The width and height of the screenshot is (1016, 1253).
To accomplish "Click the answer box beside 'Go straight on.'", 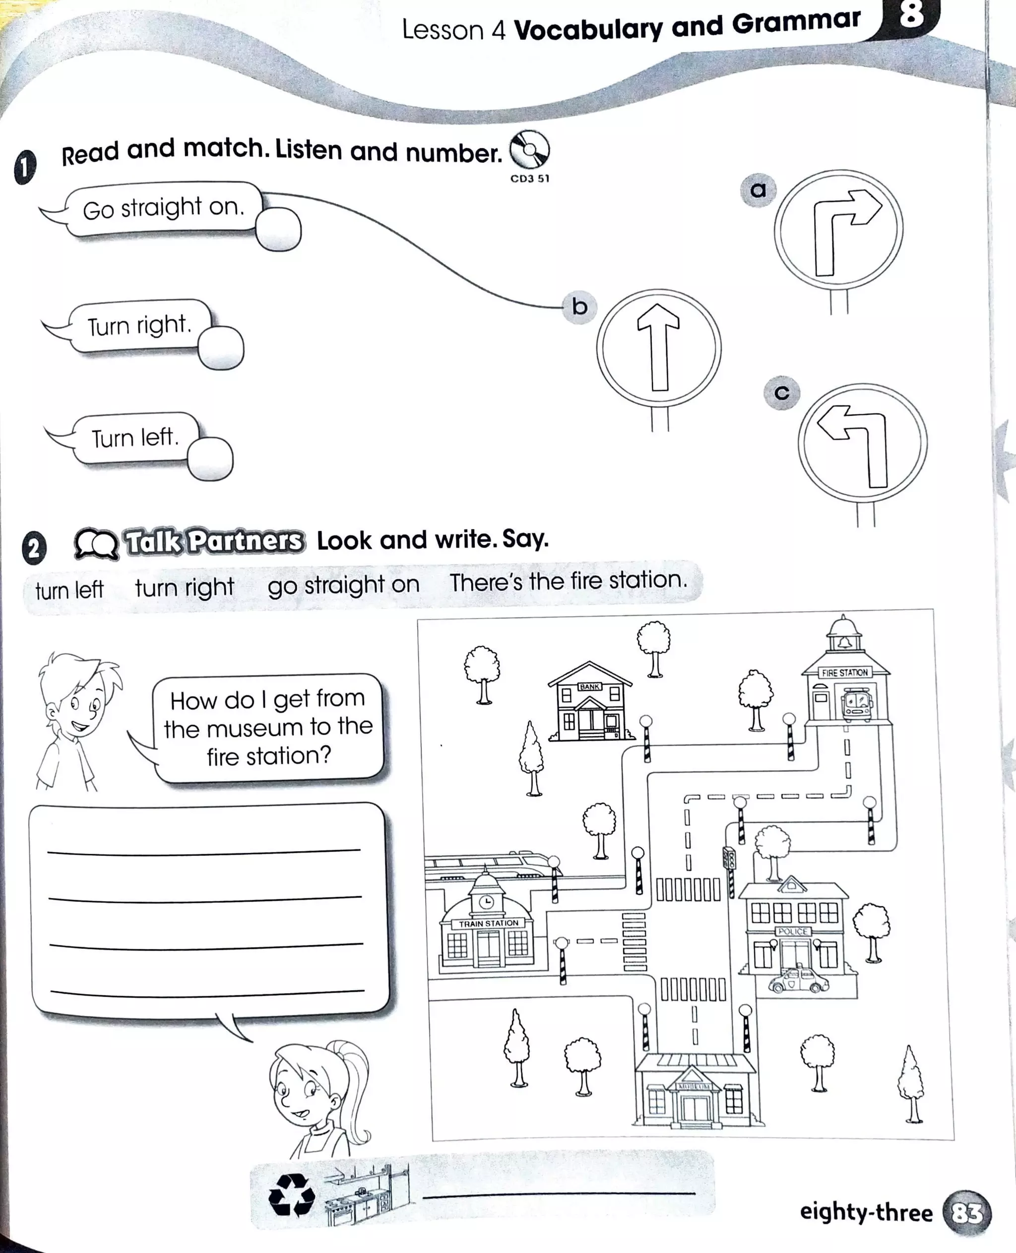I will pyautogui.click(x=279, y=230).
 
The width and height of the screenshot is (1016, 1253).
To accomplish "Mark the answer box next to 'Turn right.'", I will pyautogui.click(x=221, y=348).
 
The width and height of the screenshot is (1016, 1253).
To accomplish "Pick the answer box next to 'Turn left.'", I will pyautogui.click(x=211, y=459).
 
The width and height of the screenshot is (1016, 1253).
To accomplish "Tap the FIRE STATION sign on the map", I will pyautogui.click(x=844, y=673).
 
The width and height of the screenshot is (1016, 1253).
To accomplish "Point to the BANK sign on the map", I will pyautogui.click(x=589, y=687).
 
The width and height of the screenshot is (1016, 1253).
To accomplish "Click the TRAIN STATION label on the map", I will pyautogui.click(x=488, y=923).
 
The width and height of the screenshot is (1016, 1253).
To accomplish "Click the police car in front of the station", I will pyautogui.click(x=798, y=980).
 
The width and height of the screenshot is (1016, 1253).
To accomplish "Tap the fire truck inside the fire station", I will pyautogui.click(x=857, y=703).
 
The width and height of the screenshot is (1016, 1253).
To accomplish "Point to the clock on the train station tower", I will pyautogui.click(x=486, y=902).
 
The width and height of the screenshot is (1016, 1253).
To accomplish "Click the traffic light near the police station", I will pyautogui.click(x=729, y=859).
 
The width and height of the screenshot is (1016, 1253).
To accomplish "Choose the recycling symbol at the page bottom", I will pyautogui.click(x=291, y=1194).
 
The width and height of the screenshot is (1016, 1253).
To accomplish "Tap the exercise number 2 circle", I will pyautogui.click(x=34, y=548).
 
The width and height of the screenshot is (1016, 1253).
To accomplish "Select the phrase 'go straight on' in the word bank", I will pyautogui.click(x=343, y=585).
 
